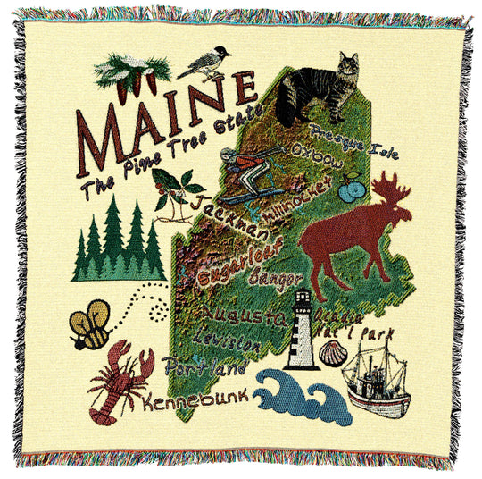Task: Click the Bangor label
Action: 271,276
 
